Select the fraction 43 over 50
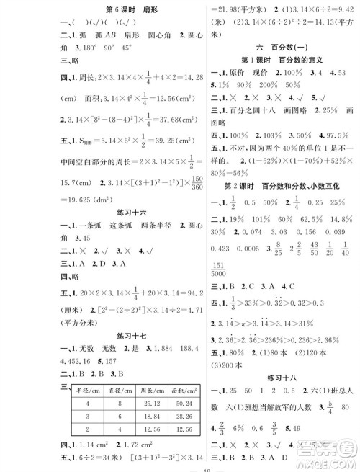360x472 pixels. (291, 247)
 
